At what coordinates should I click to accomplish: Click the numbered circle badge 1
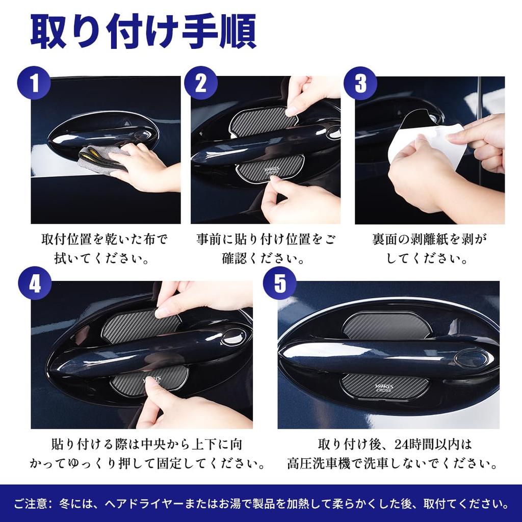(34, 83)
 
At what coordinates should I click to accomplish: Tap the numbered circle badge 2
(201, 83)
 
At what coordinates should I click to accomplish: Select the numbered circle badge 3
(360, 83)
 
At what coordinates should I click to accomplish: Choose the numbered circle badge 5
(280, 283)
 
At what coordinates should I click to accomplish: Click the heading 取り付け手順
(143, 32)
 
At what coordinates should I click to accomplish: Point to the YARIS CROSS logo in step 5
(383, 387)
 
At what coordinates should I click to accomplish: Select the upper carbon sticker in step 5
(386, 326)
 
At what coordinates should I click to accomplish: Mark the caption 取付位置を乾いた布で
(104, 240)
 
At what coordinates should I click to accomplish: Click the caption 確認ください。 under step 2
(263, 258)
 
